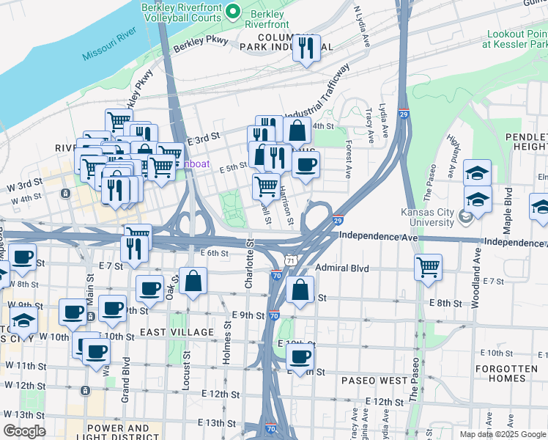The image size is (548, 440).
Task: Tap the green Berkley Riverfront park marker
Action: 234,10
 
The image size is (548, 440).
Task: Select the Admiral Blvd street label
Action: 342,268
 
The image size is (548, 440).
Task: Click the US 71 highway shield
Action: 291,261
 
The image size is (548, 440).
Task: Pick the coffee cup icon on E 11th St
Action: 300,357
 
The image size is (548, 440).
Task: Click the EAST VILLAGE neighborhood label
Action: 177,332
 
